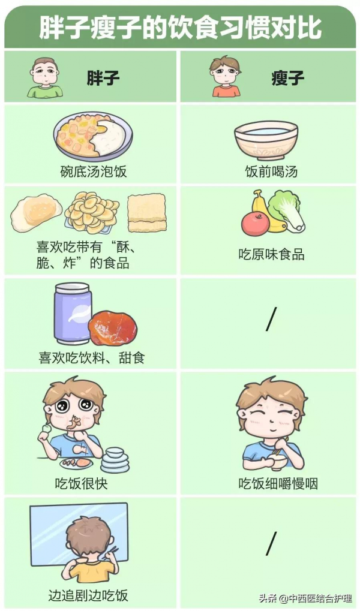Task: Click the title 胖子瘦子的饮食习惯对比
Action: [179, 27]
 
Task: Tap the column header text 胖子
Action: [103, 78]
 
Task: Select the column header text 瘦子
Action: [287, 78]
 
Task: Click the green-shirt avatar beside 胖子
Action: [45, 77]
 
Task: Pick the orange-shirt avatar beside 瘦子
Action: [225, 77]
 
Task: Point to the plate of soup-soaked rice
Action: [93, 137]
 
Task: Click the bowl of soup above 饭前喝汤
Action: [266, 139]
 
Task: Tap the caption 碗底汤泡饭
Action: [94, 171]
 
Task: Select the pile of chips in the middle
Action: [92, 213]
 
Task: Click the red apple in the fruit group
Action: [254, 224]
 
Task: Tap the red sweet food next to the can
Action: [112, 329]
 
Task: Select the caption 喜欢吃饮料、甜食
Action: [92, 358]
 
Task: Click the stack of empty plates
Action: [115, 460]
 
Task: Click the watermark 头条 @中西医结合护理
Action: [305, 598]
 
